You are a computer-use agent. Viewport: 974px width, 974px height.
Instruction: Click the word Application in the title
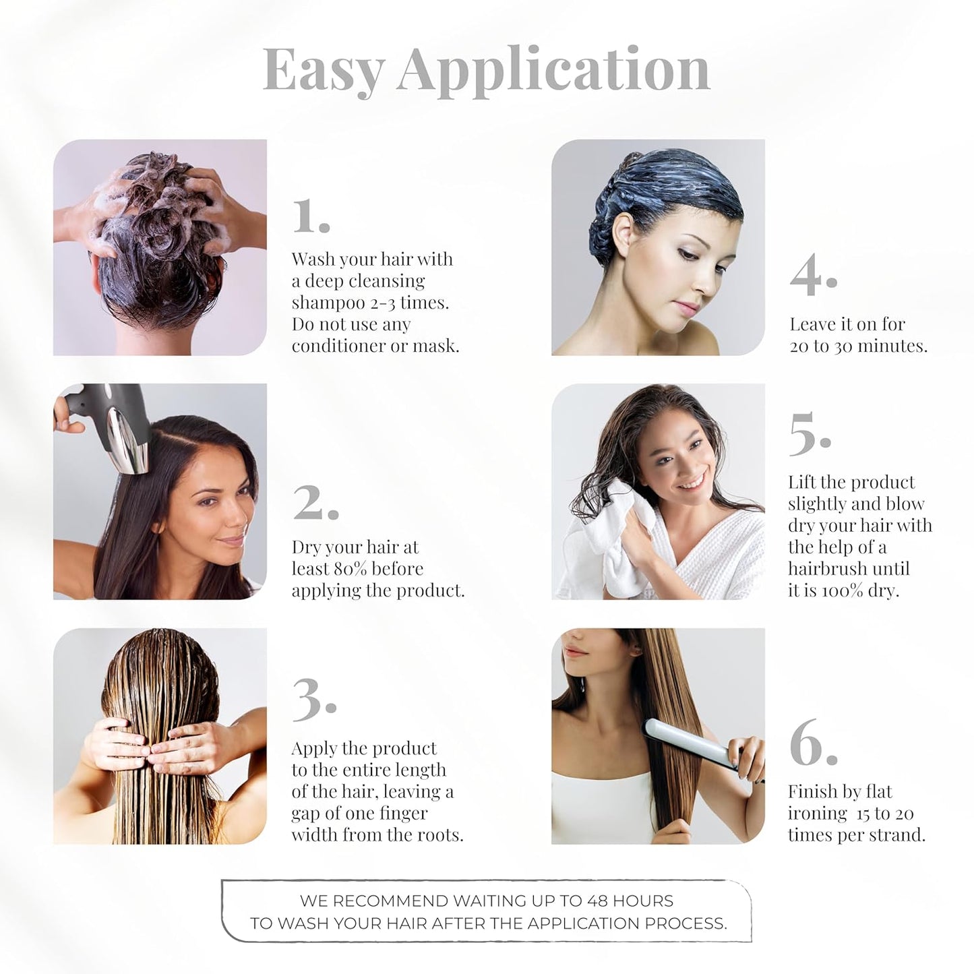(x=553, y=70)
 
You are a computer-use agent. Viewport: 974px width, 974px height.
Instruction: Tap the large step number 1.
(x=310, y=217)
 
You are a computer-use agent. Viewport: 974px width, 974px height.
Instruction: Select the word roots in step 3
(x=437, y=835)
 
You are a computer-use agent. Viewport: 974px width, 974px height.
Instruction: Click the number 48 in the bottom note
(x=597, y=901)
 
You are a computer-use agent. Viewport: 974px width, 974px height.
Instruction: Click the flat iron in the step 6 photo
(x=688, y=741)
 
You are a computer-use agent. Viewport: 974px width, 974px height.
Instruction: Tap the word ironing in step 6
(x=817, y=814)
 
